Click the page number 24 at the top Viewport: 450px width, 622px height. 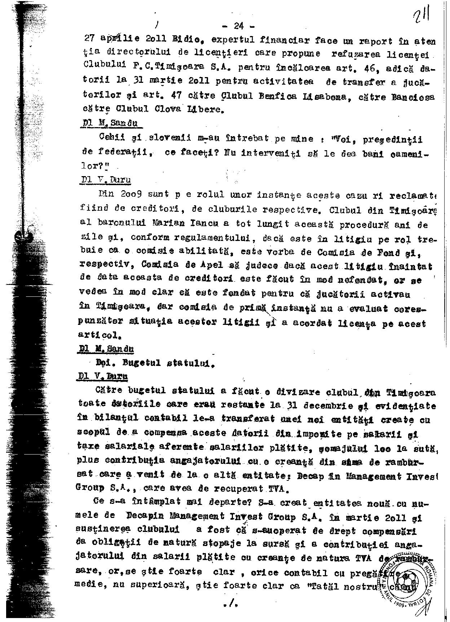239,26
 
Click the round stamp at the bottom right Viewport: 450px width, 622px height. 411,582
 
